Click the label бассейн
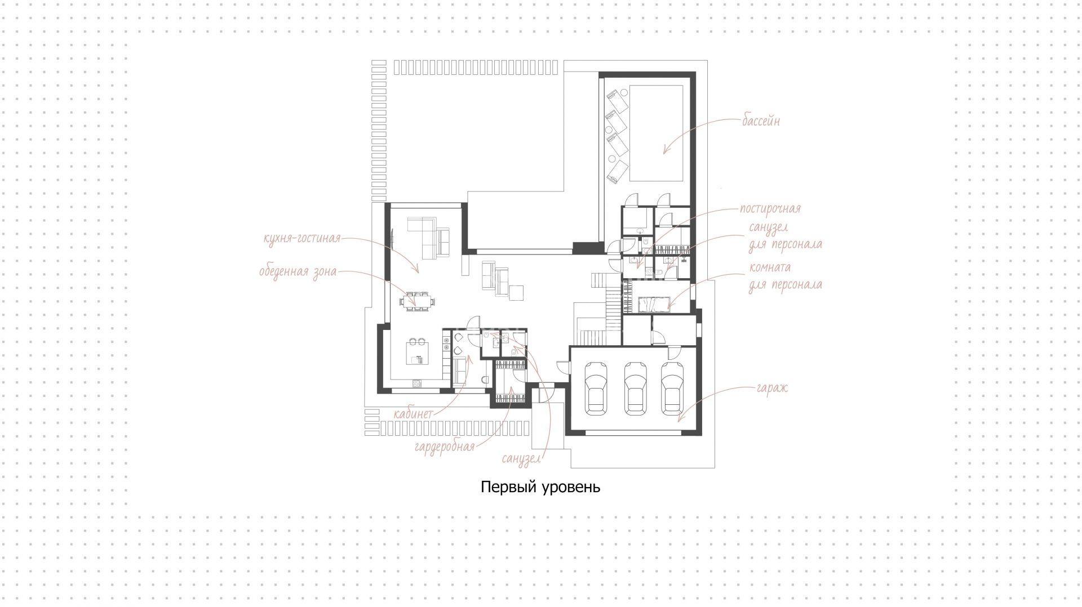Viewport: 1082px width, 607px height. click(761, 121)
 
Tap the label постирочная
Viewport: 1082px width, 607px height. click(770, 209)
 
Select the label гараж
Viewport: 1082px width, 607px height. click(772, 389)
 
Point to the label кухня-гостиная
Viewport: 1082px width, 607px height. click(302, 238)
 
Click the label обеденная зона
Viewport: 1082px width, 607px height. click(298, 272)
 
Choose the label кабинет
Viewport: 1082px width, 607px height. click(413, 414)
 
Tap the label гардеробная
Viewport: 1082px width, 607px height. click(444, 447)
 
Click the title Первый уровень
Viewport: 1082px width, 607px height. click(540, 487)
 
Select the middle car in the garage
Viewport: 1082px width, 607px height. click(635, 388)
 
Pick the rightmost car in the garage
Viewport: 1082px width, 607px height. click(672, 388)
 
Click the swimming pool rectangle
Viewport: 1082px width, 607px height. click(657, 133)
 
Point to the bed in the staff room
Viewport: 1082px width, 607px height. click(653, 304)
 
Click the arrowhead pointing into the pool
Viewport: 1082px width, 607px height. click(666, 150)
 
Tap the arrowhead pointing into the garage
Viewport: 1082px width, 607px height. click(680, 418)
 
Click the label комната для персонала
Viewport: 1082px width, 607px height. click(785, 276)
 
